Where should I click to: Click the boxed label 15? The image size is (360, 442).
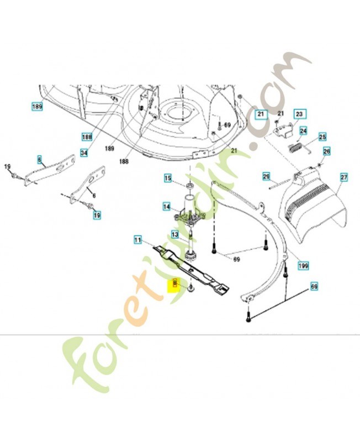tap(168, 178)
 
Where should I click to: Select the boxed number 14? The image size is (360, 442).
tap(166, 207)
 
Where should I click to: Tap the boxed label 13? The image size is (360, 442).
tap(174, 234)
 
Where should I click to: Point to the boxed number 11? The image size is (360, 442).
tap(138, 240)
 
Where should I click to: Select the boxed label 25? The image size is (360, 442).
tap(322, 136)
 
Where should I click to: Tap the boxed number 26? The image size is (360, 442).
tap(326, 151)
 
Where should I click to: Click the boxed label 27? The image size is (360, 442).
tap(343, 177)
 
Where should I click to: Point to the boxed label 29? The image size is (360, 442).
tap(266, 176)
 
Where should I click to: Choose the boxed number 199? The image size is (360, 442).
tap(303, 265)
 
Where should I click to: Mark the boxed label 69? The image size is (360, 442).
tap(314, 287)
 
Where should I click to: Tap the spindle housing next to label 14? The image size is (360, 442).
tap(189, 213)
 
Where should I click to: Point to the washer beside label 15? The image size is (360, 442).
tap(189, 183)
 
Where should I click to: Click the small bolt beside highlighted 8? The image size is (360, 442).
tap(190, 288)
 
